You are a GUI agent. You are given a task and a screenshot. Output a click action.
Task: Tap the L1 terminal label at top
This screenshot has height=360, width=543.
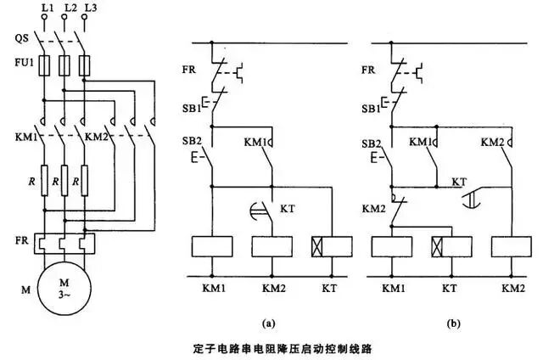pyautogui.click(x=48, y=8)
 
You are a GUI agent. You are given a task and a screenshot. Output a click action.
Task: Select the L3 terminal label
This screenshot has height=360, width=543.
pyautogui.click(x=91, y=8)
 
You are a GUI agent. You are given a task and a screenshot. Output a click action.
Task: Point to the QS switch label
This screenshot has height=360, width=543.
pyautogui.click(x=21, y=37)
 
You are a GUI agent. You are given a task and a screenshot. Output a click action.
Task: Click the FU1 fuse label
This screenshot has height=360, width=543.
pyautogui.click(x=25, y=63)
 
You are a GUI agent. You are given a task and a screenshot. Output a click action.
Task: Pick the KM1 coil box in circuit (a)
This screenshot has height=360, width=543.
pyautogui.click(x=212, y=246)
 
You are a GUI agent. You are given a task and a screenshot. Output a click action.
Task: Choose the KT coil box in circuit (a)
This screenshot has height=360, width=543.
pyautogui.click(x=332, y=246)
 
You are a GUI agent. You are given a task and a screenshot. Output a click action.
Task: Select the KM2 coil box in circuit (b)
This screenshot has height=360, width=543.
pyautogui.click(x=511, y=246)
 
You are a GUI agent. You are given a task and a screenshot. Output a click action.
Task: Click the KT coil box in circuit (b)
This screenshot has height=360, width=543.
pyautogui.click(x=451, y=246)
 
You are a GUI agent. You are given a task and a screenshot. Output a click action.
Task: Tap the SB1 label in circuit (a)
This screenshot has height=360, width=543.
pyautogui.click(x=192, y=108)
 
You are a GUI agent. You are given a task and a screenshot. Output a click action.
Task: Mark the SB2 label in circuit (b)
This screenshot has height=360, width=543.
pyautogui.click(x=372, y=143)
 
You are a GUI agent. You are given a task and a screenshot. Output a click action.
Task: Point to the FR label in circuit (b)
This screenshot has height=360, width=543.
pyautogui.click(x=368, y=70)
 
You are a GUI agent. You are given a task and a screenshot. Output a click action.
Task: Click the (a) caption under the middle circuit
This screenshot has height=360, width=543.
pyautogui.click(x=269, y=323)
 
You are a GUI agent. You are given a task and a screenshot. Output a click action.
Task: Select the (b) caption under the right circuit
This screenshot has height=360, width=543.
pyautogui.click(x=454, y=323)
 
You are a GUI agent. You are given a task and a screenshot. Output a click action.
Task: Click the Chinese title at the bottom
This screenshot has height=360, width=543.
pyautogui.click(x=283, y=348)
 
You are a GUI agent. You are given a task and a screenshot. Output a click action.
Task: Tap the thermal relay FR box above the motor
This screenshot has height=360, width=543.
pyautogui.click(x=64, y=244)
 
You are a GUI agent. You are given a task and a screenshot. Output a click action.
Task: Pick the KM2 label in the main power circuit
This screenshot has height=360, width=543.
pyautogui.click(x=96, y=137)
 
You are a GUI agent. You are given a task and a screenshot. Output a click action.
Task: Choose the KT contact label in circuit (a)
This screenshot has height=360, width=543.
pyautogui.click(x=288, y=209)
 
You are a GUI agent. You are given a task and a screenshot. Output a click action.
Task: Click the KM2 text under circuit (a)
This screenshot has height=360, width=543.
pyautogui.click(x=273, y=289)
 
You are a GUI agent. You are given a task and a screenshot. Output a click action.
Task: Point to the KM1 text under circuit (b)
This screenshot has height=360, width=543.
pyautogui.click(x=394, y=289)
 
